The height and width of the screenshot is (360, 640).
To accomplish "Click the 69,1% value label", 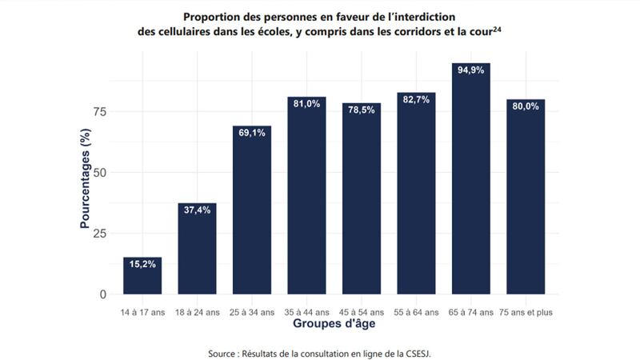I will [x=252, y=133].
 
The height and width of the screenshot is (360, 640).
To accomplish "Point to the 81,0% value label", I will [x=306, y=103].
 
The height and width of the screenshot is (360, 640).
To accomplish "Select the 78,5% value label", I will [x=362, y=110].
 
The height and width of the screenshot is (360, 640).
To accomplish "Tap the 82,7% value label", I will [x=416, y=99].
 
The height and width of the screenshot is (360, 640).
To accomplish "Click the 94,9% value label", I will [x=470, y=70].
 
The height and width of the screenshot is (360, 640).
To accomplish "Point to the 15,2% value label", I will [x=142, y=263].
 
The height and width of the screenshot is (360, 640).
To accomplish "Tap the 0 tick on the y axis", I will [x=102, y=294].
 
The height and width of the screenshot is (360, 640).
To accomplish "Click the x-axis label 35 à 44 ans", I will [x=306, y=312].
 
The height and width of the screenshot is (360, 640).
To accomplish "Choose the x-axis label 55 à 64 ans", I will [x=416, y=312].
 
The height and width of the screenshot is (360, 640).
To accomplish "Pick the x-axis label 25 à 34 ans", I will [x=252, y=312].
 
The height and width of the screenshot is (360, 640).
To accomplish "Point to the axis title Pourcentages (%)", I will [x=85, y=183].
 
